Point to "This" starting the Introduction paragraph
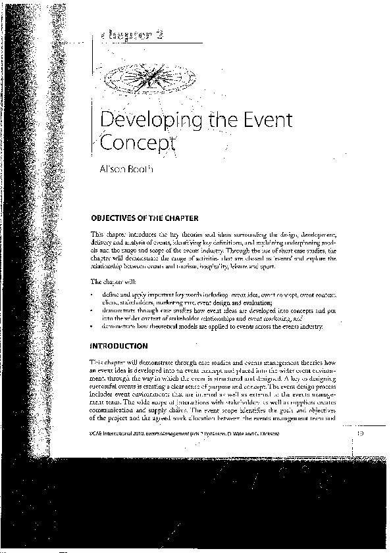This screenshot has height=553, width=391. [95, 362]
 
